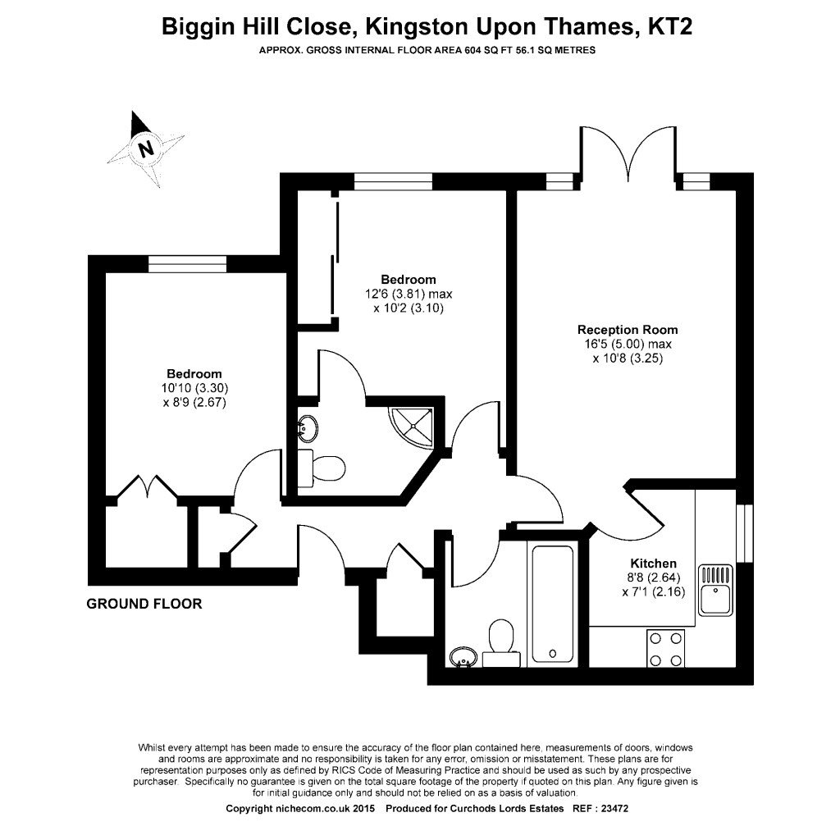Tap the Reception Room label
[628, 330]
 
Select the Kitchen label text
[653, 564]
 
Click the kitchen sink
[716, 589]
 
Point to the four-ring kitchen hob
[665, 648]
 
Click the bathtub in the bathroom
[556, 602]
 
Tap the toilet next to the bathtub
[500, 641]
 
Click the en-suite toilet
[325, 468]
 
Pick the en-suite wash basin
[309, 427]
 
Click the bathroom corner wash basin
[464, 657]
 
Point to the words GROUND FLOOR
[144, 605]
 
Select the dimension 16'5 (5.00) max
[628, 344]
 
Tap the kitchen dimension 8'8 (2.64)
[653, 577]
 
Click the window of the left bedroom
[187, 263]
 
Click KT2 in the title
[669, 27]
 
